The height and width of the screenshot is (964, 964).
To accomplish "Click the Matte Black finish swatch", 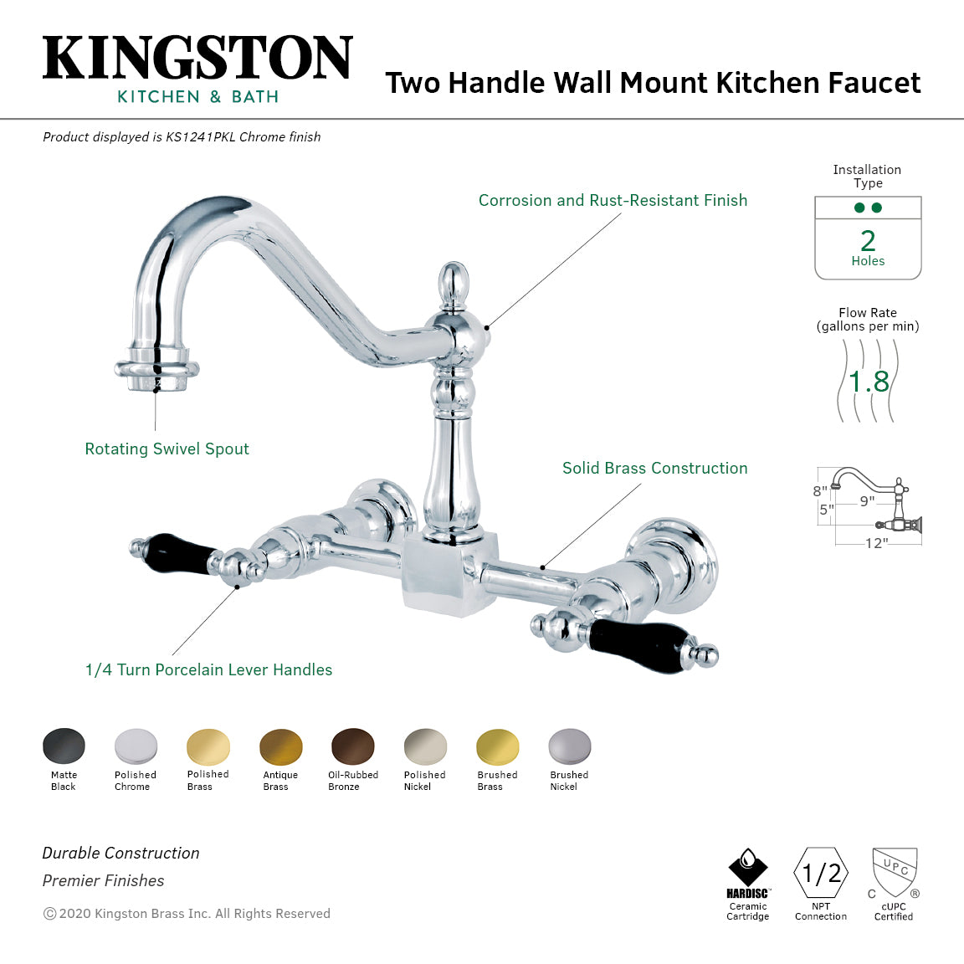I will tap(64, 746).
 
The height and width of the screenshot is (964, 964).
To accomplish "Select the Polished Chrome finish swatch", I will tap(136, 746).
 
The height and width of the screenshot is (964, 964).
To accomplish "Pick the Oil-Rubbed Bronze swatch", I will tap(353, 746).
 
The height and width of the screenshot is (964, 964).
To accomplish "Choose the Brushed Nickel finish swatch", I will tap(570, 746).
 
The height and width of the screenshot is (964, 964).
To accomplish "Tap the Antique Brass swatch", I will tap(281, 746).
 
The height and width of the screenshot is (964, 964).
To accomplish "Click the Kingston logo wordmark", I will tap(197, 58).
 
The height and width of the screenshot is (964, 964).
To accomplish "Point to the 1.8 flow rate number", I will tap(869, 382).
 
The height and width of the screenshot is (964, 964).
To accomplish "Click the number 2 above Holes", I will tap(868, 241).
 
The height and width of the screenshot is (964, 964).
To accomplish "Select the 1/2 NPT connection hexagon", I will tap(821, 874).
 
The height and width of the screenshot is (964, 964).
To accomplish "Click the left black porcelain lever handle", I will tap(179, 555).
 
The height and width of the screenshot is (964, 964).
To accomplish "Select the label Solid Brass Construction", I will tap(654, 469).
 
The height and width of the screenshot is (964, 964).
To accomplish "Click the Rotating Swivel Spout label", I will tap(167, 449).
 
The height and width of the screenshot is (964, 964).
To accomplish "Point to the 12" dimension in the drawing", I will tap(876, 544).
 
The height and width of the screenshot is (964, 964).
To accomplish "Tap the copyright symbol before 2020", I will tap(49, 914).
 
